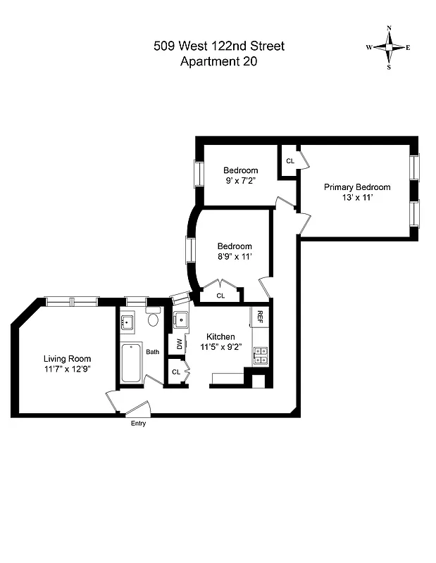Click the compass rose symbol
click(x=387, y=48)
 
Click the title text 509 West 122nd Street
click(x=219, y=46)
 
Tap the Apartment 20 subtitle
click(x=219, y=61)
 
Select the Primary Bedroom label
click(x=356, y=187)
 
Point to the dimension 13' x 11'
click(x=356, y=198)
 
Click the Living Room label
click(x=67, y=358)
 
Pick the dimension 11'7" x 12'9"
click(x=67, y=368)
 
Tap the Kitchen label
click(x=220, y=336)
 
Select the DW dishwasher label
click(x=180, y=344)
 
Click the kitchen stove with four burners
click(x=260, y=355)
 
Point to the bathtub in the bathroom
click(x=132, y=362)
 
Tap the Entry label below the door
click(x=138, y=424)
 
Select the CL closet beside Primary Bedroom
click(x=289, y=161)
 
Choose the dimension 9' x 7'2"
click(x=240, y=181)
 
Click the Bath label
click(x=153, y=352)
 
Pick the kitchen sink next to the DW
click(x=180, y=321)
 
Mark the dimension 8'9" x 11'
click(x=234, y=256)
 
